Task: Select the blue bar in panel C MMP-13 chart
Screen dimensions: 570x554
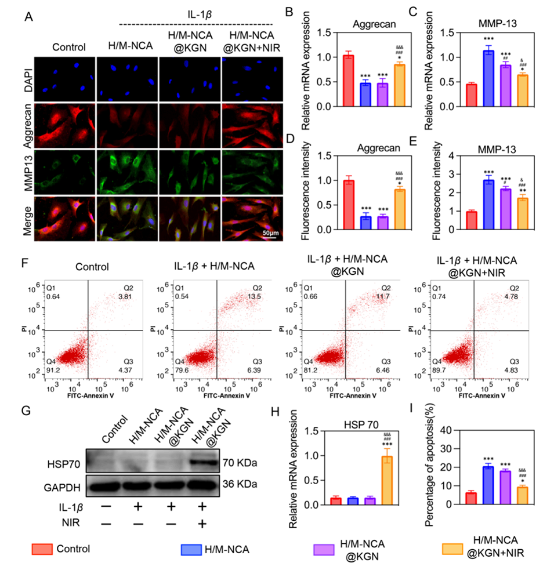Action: tap(472, 78)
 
